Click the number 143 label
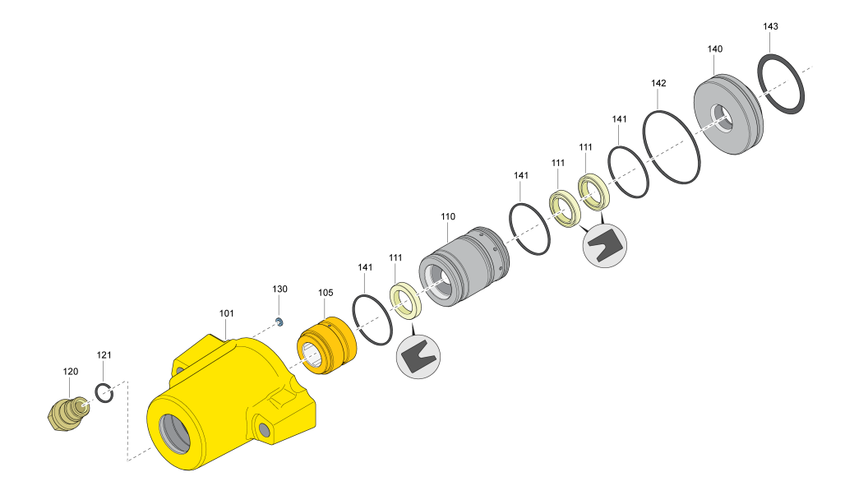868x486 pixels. point(770,26)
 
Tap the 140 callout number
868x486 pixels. point(715,49)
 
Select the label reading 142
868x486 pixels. point(658,83)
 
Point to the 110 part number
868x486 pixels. point(448,216)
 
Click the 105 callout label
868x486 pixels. point(325,292)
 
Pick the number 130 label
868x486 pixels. point(280,289)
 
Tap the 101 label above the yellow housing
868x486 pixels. point(227,313)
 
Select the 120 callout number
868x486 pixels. point(71,372)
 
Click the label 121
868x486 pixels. point(104,355)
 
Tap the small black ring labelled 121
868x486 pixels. point(104,394)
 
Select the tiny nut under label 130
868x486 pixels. point(279,322)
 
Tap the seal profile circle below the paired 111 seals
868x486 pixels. point(604,246)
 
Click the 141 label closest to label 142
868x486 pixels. point(620,119)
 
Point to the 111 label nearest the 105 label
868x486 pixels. point(395,257)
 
